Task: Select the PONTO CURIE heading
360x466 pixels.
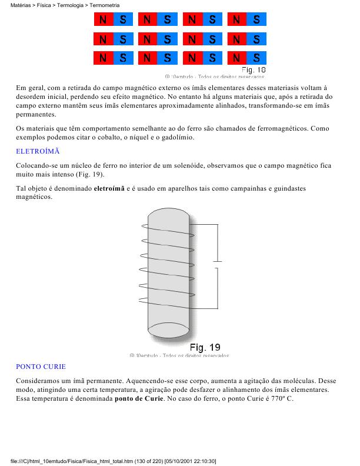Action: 41,366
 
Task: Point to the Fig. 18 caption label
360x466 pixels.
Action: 254,69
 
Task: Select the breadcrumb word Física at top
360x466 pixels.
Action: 45,5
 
